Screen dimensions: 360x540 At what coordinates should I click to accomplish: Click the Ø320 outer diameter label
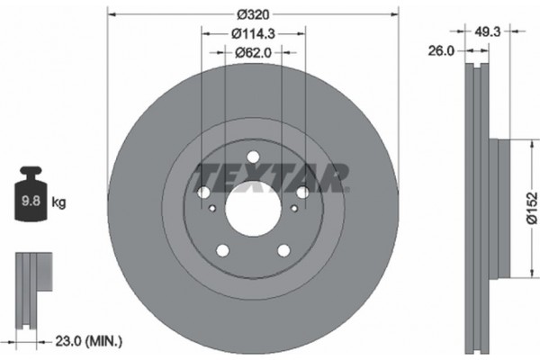pyautogui.click(x=252, y=13)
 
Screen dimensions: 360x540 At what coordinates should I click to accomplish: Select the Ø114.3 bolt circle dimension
pyautogui.click(x=252, y=34)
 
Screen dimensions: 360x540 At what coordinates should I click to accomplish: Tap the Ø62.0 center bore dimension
pyautogui.click(x=253, y=54)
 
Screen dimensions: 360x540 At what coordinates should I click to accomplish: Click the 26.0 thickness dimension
pyautogui.click(x=441, y=52)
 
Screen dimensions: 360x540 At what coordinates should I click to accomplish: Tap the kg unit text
pyautogui.click(x=58, y=203)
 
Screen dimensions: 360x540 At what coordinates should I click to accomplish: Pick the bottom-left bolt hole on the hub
pyautogui.click(x=221, y=251)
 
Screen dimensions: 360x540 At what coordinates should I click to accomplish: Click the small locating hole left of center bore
pyautogui.click(x=212, y=211)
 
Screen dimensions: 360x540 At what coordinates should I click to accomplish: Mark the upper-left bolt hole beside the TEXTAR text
pyautogui.click(x=202, y=193)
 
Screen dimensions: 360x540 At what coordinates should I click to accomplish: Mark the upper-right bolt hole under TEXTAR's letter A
pyautogui.click(x=302, y=193)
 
